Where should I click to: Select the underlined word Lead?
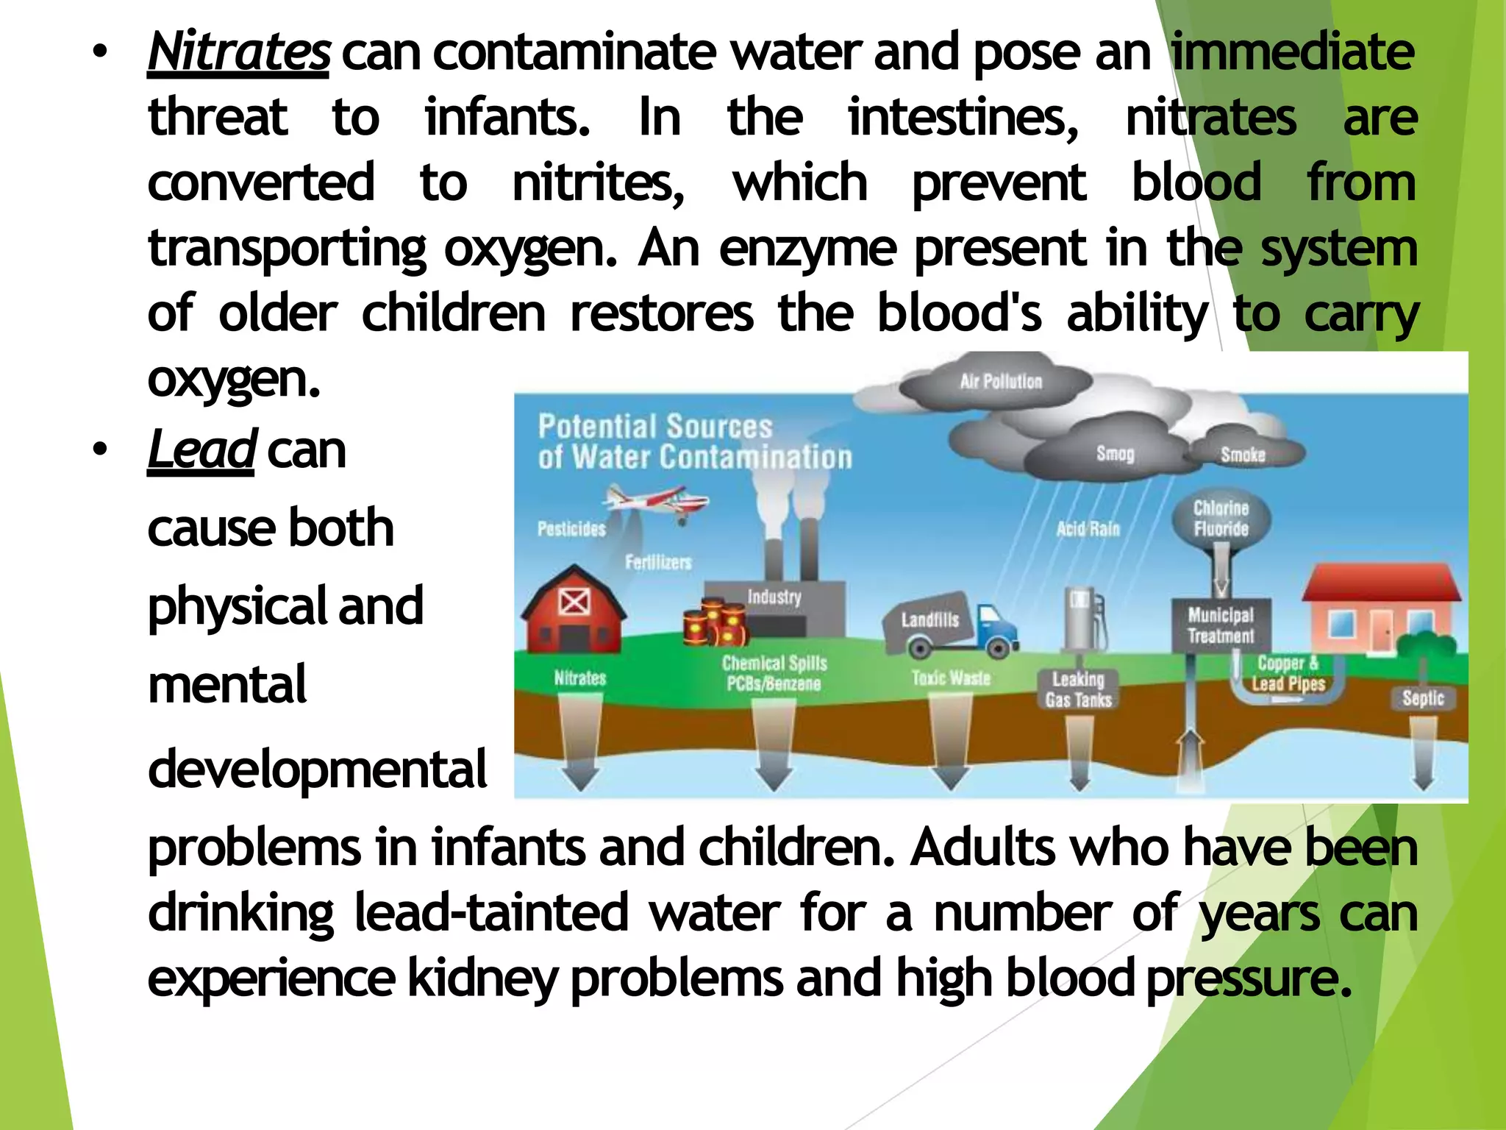201,449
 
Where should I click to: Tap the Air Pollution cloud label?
1001,381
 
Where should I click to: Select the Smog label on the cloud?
1115,453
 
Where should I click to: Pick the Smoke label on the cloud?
1243,455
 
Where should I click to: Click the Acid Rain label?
1088,528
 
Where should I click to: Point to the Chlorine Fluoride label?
1221,519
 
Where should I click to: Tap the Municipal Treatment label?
1221,625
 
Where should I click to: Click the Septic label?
1423,697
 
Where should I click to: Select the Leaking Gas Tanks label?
1078,689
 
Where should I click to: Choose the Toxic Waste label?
951,678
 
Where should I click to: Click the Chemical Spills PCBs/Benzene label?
774,673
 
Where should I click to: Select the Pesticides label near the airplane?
571,528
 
